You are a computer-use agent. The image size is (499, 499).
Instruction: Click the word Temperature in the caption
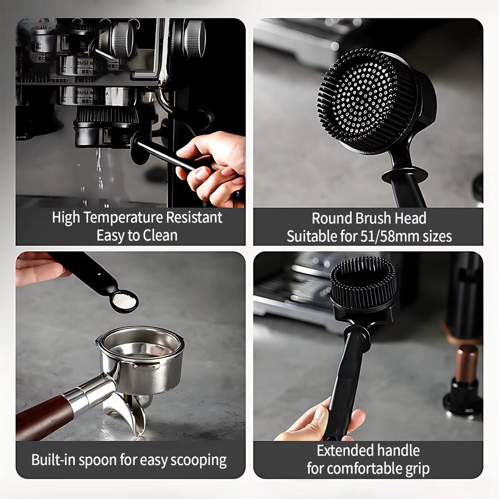point(124,218)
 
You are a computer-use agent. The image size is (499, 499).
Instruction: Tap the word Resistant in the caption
point(194,218)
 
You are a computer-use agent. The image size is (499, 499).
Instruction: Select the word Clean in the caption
point(160,236)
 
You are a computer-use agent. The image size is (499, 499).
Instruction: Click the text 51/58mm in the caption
point(390,236)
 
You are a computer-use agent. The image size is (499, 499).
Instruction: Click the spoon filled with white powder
point(124,301)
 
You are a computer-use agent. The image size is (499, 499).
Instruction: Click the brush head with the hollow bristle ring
point(364,283)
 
